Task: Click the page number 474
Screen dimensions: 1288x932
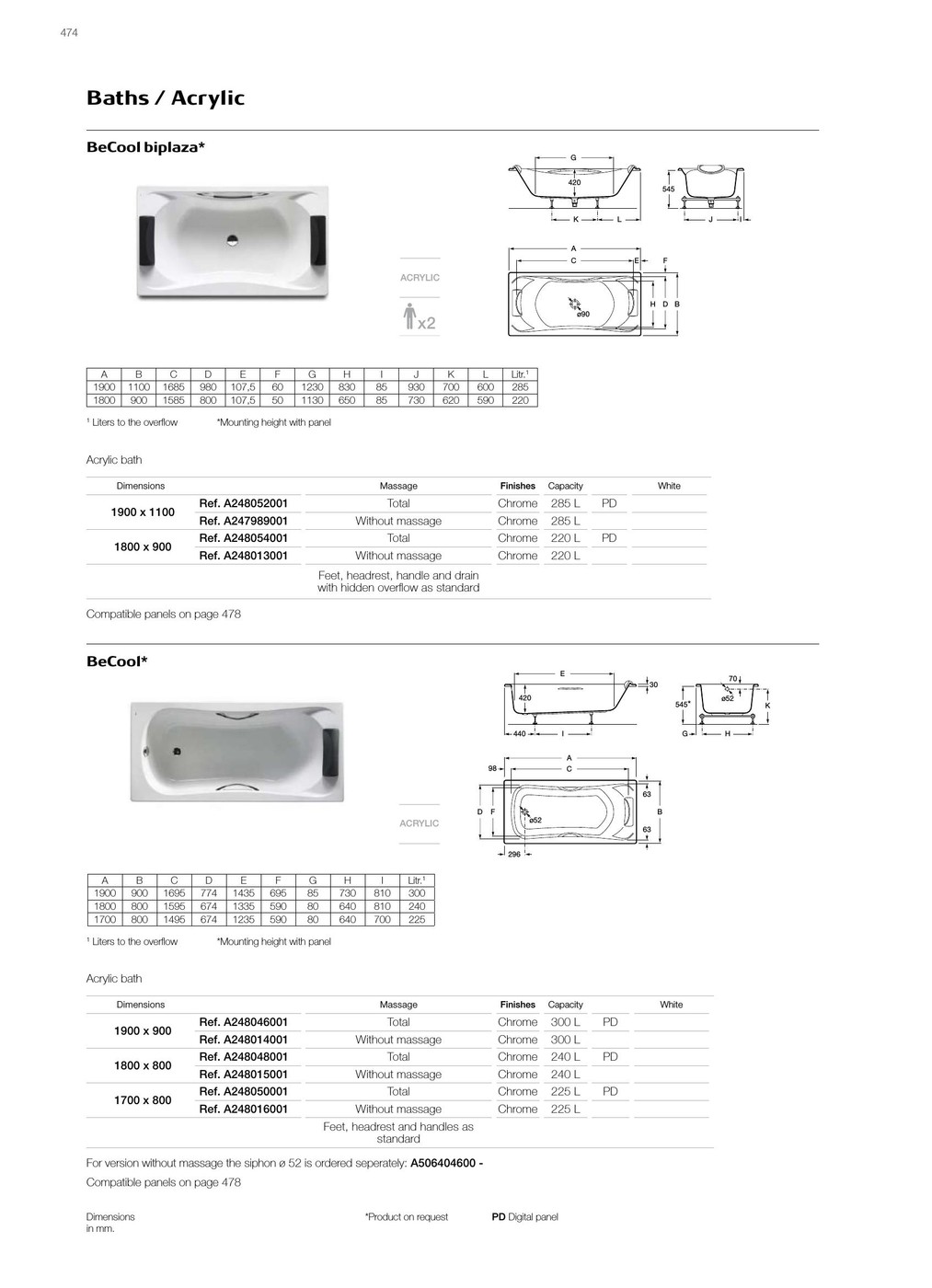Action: tap(69, 33)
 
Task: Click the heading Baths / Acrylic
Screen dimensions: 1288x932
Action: tap(166, 98)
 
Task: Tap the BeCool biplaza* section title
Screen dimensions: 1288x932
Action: tap(145, 147)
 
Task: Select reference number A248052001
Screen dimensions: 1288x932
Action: tap(244, 503)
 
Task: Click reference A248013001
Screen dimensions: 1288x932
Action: tap(244, 556)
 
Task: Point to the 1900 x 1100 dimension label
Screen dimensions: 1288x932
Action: tap(143, 512)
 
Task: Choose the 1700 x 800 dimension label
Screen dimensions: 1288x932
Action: tap(143, 1100)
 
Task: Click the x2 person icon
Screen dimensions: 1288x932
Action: tap(420, 316)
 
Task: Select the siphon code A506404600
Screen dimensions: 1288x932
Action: tap(443, 1163)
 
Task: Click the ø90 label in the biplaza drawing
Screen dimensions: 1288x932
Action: tap(583, 315)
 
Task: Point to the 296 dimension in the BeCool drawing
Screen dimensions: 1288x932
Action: tap(514, 855)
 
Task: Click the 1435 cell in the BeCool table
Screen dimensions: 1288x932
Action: tap(243, 893)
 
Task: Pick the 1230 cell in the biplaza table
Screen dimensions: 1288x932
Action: tap(312, 387)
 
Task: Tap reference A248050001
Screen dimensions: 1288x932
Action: tap(244, 1091)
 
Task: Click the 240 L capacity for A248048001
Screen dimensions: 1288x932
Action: tap(565, 1057)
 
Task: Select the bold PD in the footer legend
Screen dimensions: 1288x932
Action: tap(499, 1217)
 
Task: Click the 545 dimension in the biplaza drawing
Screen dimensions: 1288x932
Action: tap(668, 190)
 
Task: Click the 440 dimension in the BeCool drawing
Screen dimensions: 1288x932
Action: tap(519, 733)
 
